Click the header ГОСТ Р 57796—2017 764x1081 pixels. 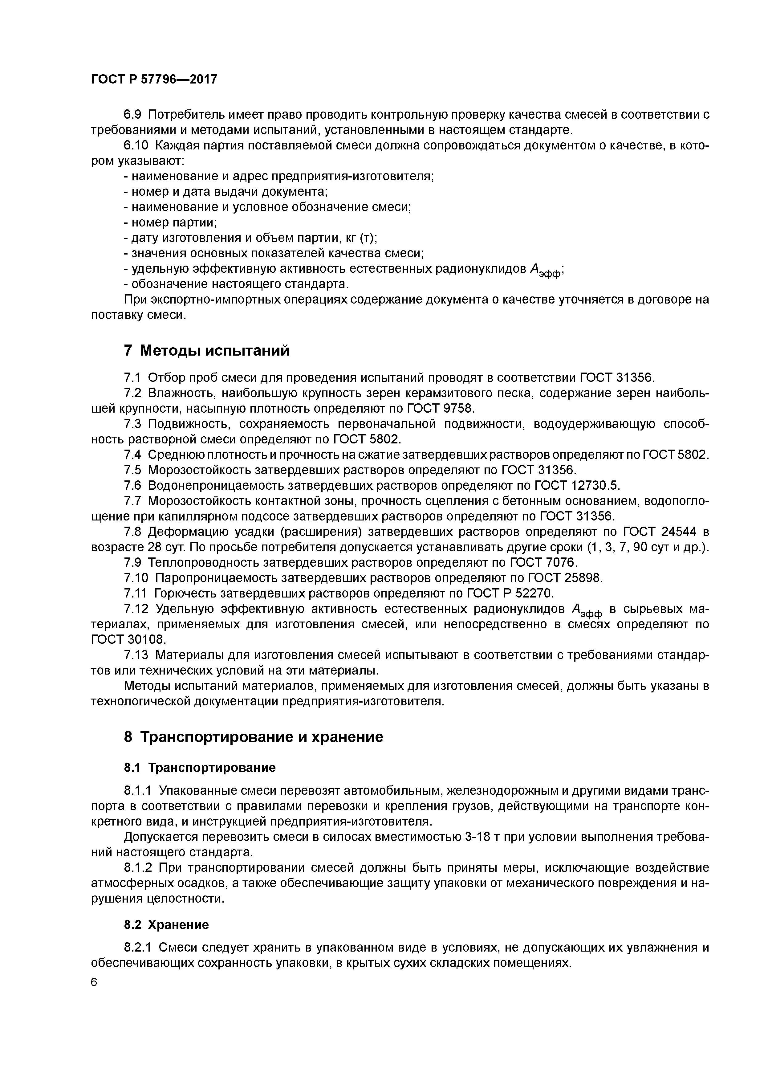pos(154,80)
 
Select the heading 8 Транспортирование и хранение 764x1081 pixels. pos(253,737)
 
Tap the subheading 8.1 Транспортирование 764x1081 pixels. pos(200,768)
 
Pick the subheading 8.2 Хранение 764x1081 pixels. pos(166,925)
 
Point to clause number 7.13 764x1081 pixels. pos(136,655)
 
